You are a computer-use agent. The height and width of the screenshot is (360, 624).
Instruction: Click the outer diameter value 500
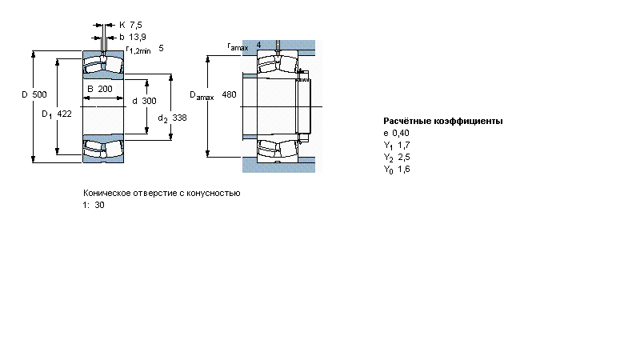tap(39, 94)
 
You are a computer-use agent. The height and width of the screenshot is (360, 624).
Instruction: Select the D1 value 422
tap(64, 114)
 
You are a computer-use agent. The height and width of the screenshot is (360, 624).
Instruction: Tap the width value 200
tap(105, 89)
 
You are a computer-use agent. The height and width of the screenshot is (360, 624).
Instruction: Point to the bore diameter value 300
tap(150, 101)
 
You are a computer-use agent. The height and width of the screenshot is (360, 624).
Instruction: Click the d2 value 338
tap(179, 118)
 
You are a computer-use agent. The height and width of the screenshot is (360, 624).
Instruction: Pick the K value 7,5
tap(136, 25)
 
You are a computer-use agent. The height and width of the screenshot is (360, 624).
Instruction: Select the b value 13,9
tap(138, 37)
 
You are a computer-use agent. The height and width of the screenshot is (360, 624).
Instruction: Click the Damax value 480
tap(229, 94)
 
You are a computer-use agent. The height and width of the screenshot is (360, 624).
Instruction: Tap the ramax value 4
tap(258, 45)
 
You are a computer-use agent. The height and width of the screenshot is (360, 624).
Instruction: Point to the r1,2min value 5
tap(161, 48)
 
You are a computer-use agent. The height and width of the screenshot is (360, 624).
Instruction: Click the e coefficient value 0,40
tap(401, 133)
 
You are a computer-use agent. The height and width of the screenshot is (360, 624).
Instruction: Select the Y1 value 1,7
tap(404, 145)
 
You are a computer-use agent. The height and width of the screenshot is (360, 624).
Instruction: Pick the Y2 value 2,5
tap(404, 157)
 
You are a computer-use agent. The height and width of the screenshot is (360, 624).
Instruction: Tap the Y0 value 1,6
tap(404, 169)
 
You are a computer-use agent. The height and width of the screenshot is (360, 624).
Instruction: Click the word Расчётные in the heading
tap(406, 121)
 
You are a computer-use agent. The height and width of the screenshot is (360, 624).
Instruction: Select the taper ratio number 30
tap(99, 206)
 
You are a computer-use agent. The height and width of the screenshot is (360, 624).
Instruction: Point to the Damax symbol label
tap(202, 96)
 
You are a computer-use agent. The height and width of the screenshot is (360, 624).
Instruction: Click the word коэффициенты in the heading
tap(468, 121)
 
